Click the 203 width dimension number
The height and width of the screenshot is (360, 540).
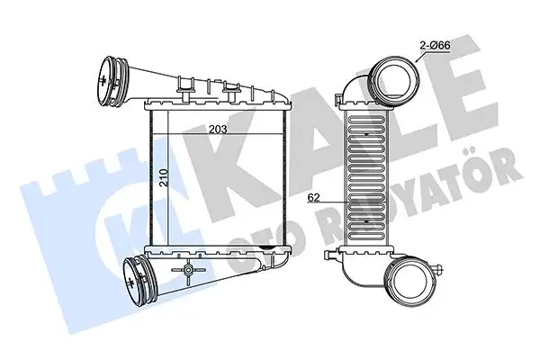(x=217, y=129)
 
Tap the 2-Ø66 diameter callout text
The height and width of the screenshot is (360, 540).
(x=432, y=44)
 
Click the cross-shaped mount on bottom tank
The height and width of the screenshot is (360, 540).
(x=188, y=271)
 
